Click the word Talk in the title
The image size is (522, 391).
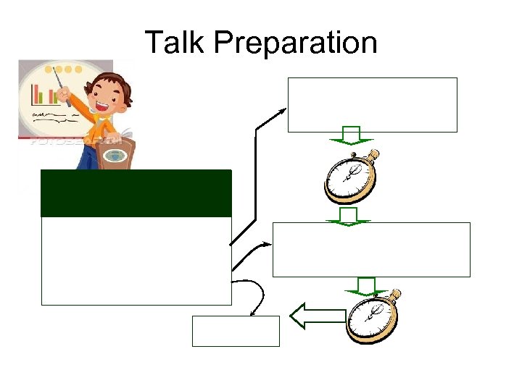pos(176,43)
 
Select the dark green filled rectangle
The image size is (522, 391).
pos(136,193)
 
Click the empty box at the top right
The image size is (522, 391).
pos(373,105)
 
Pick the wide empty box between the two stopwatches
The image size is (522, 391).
pos(371,249)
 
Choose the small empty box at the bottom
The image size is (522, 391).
pos(236,331)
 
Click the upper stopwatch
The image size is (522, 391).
pos(351,177)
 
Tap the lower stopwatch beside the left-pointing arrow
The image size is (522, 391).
pos(373,316)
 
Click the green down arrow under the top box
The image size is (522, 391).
pos(351,136)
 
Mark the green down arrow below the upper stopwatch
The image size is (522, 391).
pos(351,216)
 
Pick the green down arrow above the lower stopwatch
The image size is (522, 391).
pos(367,285)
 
